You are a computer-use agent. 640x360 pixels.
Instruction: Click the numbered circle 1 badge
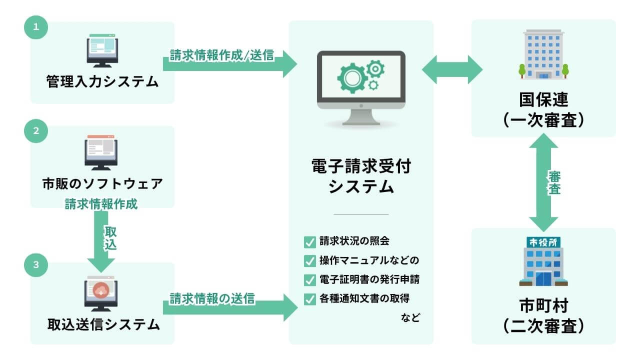(x=35, y=28)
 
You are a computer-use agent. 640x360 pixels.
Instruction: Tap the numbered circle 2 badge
(x=35, y=131)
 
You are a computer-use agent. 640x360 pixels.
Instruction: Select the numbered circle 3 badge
(x=35, y=265)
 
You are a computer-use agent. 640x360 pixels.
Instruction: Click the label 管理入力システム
(x=102, y=81)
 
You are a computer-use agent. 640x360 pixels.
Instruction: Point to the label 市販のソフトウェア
(x=102, y=184)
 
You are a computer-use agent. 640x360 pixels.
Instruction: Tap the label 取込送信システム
(x=102, y=324)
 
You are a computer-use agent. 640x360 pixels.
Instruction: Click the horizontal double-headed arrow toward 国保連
(x=452, y=69)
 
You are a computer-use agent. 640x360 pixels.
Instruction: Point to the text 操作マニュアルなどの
(x=368, y=260)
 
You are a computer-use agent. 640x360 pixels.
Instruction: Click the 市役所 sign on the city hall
(x=543, y=242)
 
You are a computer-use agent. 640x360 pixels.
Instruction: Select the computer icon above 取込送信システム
(x=100, y=293)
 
